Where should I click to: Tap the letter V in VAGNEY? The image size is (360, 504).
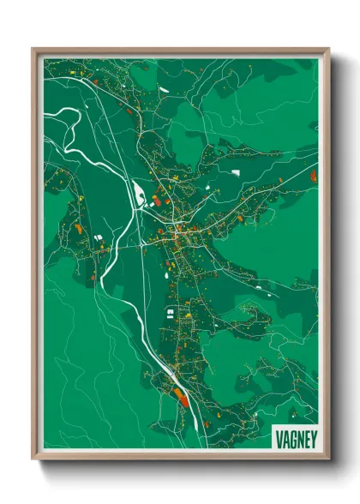[279, 435]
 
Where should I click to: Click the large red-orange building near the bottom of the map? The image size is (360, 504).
[180, 396]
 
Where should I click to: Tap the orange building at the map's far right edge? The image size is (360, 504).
[313, 176]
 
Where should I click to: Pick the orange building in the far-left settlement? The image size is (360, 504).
[77, 229]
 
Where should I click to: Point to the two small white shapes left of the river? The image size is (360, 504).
[97, 236]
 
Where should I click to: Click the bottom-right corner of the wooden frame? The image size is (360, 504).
[328, 459]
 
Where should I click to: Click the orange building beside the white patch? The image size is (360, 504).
[157, 202]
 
